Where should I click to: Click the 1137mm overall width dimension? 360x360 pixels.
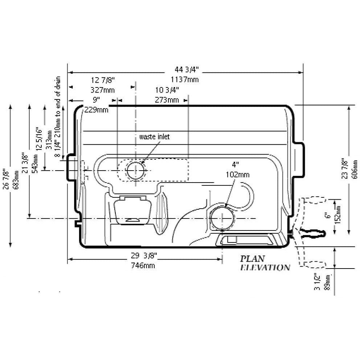[x=186, y=79]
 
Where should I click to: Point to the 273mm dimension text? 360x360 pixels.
[x=167, y=100]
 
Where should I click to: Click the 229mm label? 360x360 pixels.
[x=96, y=110]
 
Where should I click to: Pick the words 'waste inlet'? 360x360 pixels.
[x=155, y=137]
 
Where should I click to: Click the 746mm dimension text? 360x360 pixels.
[x=144, y=266]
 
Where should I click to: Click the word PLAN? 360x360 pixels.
[x=252, y=259]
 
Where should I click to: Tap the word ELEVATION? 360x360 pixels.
[x=265, y=268]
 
